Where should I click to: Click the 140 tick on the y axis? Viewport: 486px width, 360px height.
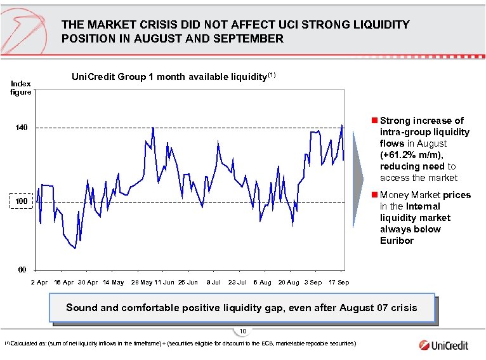22,128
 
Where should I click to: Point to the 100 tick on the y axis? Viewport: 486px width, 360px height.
22,202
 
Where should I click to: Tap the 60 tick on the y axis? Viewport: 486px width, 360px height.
22,269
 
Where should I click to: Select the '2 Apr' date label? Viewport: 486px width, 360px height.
39,282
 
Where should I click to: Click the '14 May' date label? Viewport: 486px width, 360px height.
113,282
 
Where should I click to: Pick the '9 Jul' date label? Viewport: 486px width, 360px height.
213,282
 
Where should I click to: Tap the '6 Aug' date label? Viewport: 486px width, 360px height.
262,282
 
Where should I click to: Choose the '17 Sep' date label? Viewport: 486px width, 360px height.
338,282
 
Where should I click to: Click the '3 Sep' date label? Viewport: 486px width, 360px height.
313,282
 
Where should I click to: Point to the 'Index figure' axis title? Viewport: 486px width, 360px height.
20,88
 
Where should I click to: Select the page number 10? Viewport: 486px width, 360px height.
243,331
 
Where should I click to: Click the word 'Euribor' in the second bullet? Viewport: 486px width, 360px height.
397,241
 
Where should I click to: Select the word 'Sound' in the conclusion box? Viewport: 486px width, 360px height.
82,308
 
